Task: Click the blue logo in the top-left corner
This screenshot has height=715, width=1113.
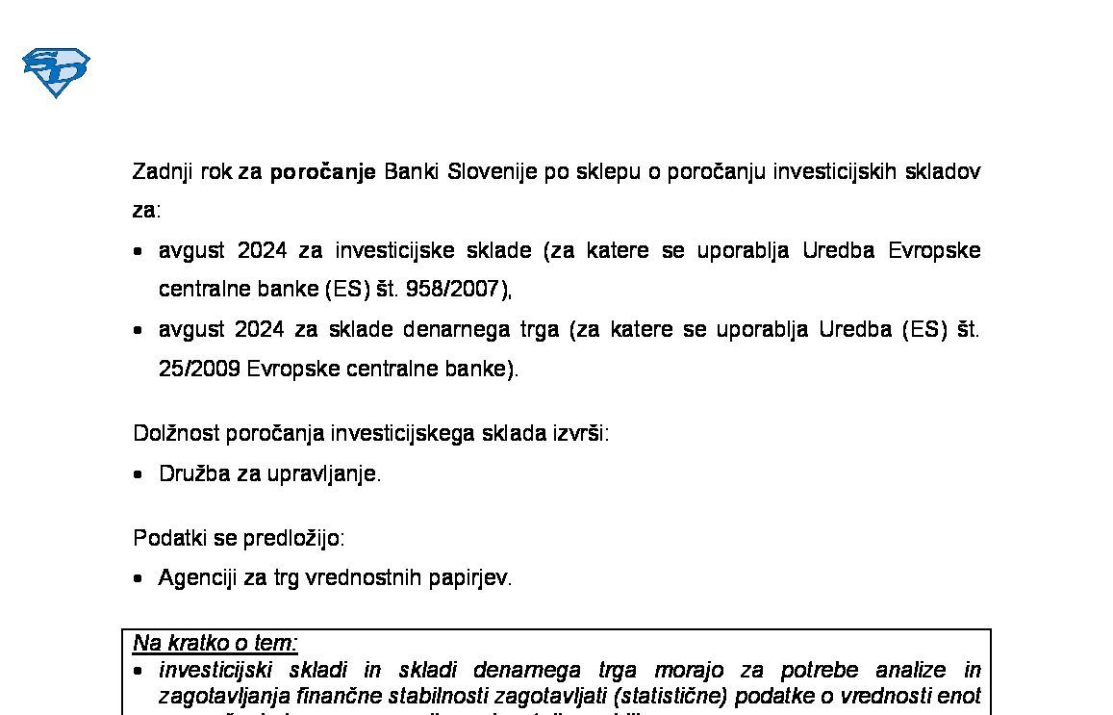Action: (x=56, y=72)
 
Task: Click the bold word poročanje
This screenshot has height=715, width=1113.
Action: (x=322, y=172)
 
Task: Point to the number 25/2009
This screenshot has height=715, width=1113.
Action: (x=199, y=369)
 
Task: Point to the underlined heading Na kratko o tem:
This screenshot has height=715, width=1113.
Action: (x=215, y=643)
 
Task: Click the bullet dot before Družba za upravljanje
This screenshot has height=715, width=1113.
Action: (x=139, y=474)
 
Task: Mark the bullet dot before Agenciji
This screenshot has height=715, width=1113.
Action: (x=139, y=578)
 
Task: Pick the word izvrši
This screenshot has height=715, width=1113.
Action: (x=580, y=433)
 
